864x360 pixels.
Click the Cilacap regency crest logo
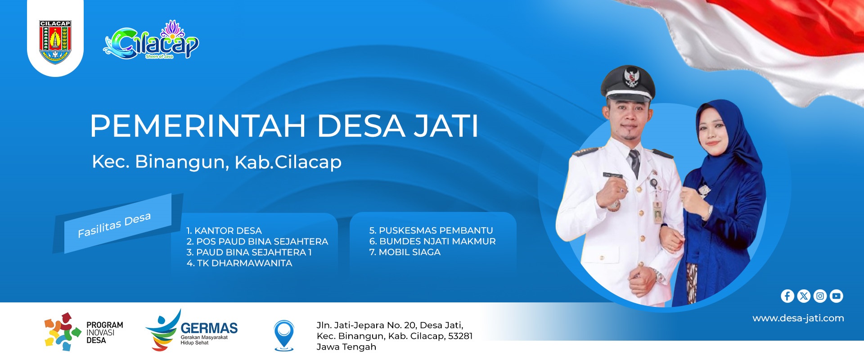pos(55,42)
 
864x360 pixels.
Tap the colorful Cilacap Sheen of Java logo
pos(151,40)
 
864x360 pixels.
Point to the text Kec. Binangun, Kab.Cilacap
pos(217,162)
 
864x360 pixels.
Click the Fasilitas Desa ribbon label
pos(114,225)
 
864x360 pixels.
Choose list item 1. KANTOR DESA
pos(224,231)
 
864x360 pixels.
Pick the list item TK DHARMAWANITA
pos(239,263)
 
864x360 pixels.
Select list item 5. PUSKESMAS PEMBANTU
pos(431,230)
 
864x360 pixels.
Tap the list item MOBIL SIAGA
pos(405,252)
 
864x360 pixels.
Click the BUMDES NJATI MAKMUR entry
pos(432,242)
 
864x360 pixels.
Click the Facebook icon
pos(787,296)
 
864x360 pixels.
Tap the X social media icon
pos(804,296)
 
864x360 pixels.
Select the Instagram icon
pos(820,296)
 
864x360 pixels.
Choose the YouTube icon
pos(836,296)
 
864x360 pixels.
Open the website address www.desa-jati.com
pos(798,318)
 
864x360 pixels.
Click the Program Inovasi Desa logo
pos(84,332)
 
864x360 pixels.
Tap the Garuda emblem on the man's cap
pos(632,77)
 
